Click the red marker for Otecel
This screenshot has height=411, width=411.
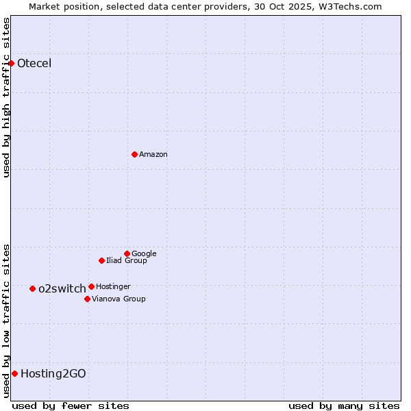pyautogui.click(x=12, y=63)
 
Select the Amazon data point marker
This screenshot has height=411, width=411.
pyautogui.click(x=134, y=154)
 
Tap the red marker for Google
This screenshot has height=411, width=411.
pyautogui.click(x=127, y=253)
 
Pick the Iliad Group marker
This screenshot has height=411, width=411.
pyautogui.click(x=101, y=260)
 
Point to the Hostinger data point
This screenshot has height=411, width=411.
pyautogui.click(x=91, y=286)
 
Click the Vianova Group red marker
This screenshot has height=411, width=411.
pyautogui.click(x=87, y=299)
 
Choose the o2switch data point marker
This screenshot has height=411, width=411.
pyautogui.click(x=32, y=288)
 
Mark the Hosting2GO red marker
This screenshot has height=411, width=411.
pyautogui.click(x=14, y=373)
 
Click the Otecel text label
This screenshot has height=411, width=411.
pyautogui.click(x=34, y=64)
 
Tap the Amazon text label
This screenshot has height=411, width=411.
pyautogui.click(x=153, y=155)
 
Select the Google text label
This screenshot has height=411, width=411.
pyautogui.click(x=144, y=253)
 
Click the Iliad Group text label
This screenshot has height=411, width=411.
pyautogui.click(x=127, y=260)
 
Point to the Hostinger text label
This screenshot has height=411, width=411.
pyautogui.click(x=113, y=286)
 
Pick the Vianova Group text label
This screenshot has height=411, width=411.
pyautogui.click(x=119, y=299)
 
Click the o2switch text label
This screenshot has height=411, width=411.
pyautogui.click(x=62, y=289)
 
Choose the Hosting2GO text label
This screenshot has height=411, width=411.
pyautogui.click(x=53, y=374)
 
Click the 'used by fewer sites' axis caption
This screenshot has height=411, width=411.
pyautogui.click(x=71, y=406)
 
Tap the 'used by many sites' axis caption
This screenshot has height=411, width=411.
pyautogui.click(x=344, y=406)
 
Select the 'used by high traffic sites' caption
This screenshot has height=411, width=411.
pyautogui.click(x=7, y=97)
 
